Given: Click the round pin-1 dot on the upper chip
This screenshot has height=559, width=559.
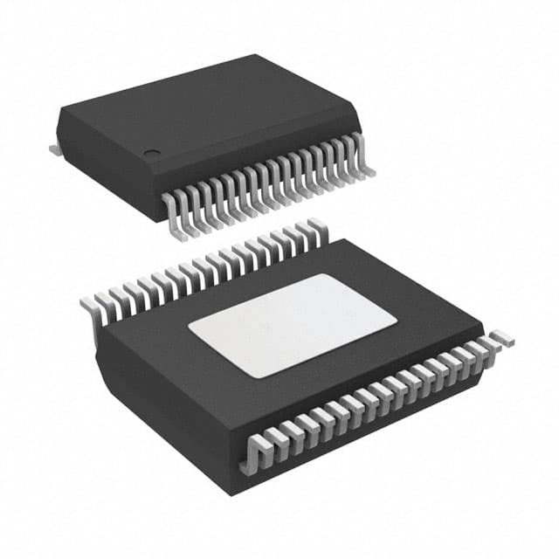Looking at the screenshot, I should tap(152, 154).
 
